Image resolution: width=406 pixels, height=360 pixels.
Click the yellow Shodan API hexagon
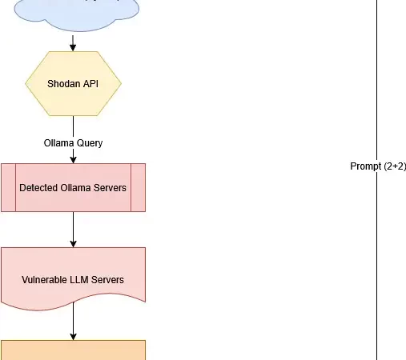pyautogui.click(x=73, y=84)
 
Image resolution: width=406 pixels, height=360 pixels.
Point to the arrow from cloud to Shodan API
pyautogui.click(x=73, y=42)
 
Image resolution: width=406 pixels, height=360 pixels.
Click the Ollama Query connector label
pyautogui.click(x=73, y=142)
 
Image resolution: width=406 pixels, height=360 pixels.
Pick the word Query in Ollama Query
pyautogui.click(x=89, y=142)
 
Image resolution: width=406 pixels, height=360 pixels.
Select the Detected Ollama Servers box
pyautogui.click(x=73, y=187)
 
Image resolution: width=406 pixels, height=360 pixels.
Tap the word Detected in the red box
pyautogui.click(x=38, y=187)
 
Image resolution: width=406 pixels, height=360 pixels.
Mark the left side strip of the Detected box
pyautogui.click(x=8, y=187)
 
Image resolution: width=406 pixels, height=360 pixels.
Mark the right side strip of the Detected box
pyautogui.click(x=138, y=187)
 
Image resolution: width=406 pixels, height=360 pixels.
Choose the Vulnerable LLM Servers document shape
pyautogui.click(x=73, y=276)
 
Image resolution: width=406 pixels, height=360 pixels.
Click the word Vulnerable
pyautogui.click(x=46, y=280)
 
